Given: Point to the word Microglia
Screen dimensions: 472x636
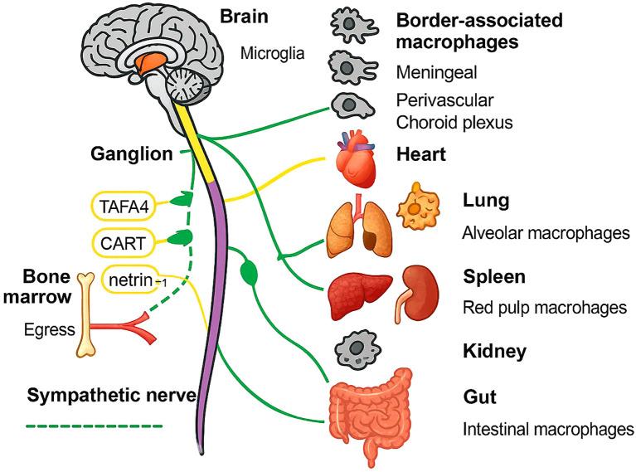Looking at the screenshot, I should coord(273,54).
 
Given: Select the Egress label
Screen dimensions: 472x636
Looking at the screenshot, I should coord(49,329).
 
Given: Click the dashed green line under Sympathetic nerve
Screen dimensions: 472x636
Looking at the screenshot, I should coord(95,427).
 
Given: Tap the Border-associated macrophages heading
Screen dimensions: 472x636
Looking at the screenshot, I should coord(478,31).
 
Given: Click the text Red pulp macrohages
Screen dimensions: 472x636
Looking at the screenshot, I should coord(543,308).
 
